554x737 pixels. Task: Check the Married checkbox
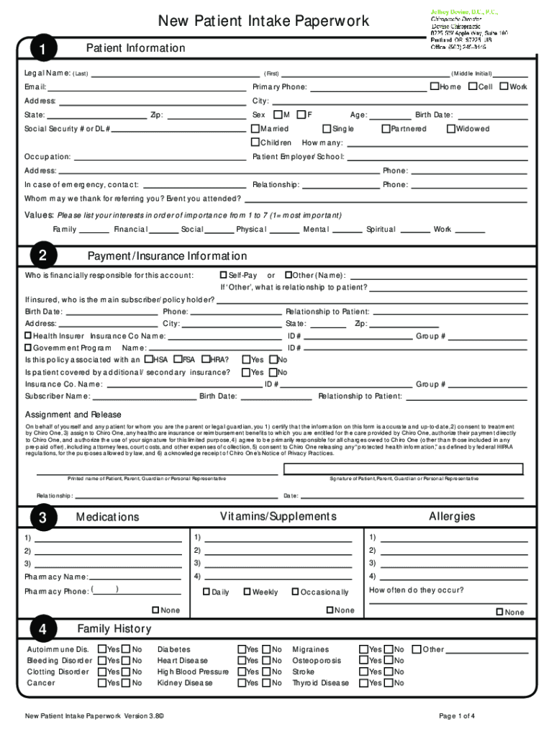(255, 129)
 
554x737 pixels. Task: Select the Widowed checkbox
(451, 129)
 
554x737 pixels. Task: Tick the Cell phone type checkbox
(473, 87)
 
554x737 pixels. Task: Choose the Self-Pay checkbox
(223, 275)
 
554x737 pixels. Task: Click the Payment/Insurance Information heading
(167, 256)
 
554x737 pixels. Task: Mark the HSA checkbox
(149, 359)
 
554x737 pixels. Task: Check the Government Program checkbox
(29, 347)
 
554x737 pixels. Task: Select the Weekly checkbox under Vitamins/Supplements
(247, 592)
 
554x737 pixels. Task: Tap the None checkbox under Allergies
(499, 612)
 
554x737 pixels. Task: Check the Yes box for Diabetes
(242, 649)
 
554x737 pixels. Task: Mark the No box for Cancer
(126, 683)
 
